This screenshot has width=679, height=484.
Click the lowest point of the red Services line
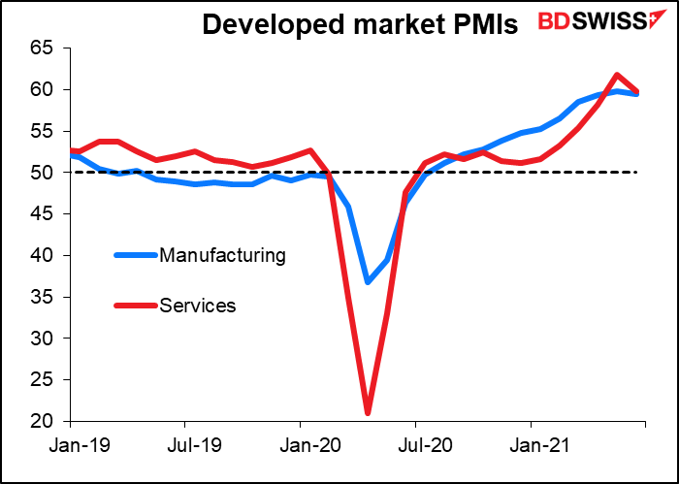pos(368,413)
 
